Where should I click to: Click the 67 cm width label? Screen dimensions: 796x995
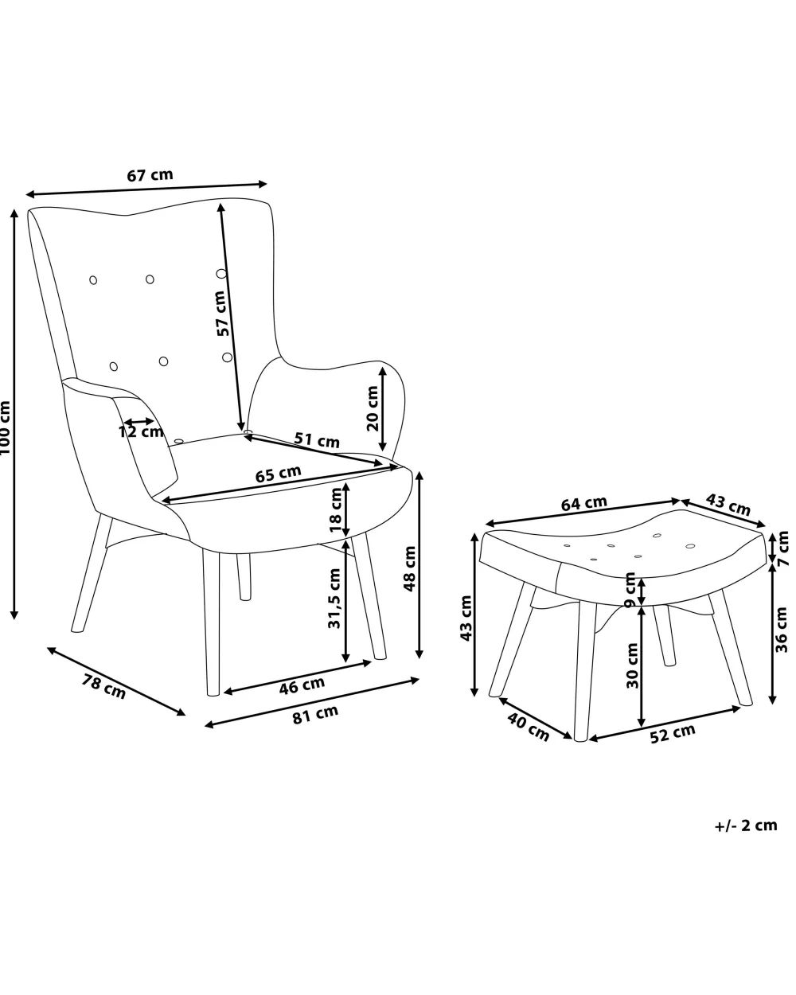coord(150,175)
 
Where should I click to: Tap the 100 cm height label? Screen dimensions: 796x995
coord(5,427)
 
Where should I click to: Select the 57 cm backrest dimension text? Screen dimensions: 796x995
coord(222,313)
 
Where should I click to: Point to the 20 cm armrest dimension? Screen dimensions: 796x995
coord(373,408)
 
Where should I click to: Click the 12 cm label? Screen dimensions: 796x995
coord(141,432)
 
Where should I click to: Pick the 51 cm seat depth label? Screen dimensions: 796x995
coord(318,439)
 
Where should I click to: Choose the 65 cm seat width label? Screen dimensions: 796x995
coord(279,474)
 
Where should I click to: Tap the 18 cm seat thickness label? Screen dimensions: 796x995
coord(335,510)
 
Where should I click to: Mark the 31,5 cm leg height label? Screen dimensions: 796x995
coord(334,599)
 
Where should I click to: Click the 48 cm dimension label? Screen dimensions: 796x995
coord(410,568)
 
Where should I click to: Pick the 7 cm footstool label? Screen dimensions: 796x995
coord(782,548)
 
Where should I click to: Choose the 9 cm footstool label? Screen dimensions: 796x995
coord(630,590)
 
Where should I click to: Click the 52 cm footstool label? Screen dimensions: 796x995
coord(673,733)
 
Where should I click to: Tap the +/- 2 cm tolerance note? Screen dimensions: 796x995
coord(746,825)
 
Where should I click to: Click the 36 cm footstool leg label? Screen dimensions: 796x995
coord(781,630)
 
